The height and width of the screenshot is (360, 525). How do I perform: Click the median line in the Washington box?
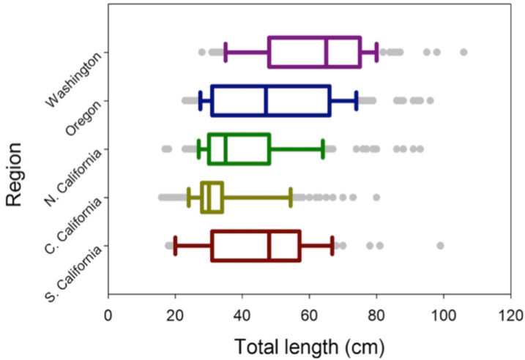327,52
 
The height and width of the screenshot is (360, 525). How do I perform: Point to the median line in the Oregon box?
266,100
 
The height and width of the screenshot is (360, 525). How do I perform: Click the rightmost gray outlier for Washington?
463,52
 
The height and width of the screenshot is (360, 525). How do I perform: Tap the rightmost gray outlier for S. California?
440,246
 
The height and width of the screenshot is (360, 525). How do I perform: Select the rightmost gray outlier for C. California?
376,198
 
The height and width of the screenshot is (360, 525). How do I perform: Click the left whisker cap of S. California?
175,246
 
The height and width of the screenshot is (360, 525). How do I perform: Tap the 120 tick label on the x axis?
510,316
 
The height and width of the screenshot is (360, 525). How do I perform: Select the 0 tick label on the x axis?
108,316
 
